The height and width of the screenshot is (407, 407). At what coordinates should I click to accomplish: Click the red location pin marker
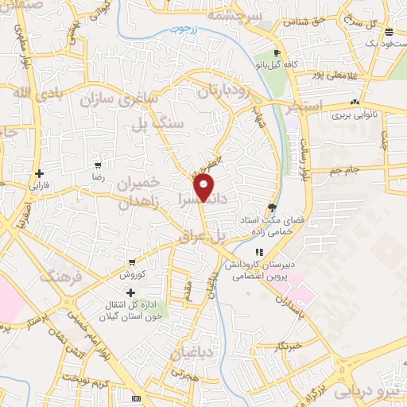204,188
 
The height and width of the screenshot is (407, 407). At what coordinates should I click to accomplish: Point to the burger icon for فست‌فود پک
388,33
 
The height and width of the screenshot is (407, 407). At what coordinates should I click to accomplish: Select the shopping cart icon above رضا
98,167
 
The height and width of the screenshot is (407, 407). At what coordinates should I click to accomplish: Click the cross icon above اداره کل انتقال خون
132,293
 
